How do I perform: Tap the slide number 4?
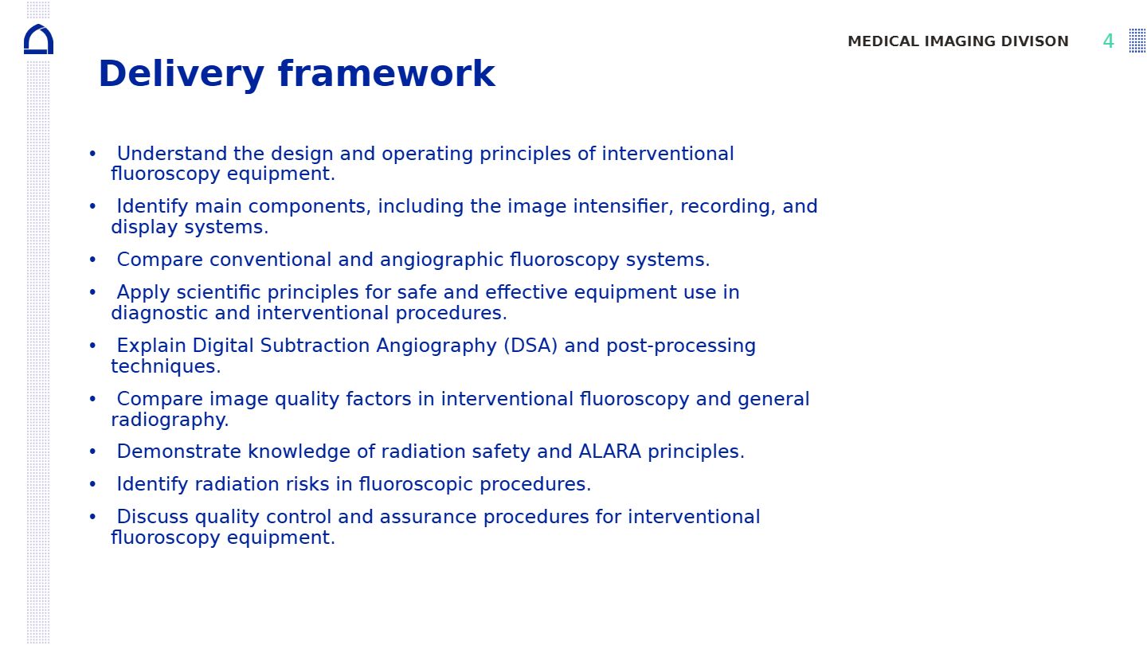coord(1108,41)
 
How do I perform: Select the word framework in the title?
coord(386,74)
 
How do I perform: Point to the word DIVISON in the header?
coord(1035,41)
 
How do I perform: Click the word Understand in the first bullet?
coord(172,154)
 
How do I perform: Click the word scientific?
coord(218,292)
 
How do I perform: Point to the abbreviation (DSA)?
coord(530,346)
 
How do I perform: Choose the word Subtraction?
coord(315,346)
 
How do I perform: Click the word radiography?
coord(170,420)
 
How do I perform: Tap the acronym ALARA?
coord(610,451)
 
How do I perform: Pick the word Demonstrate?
coord(178,451)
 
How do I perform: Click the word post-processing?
coord(681,346)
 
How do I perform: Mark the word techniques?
coord(166,367)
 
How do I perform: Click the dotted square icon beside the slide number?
coord(1137,41)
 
